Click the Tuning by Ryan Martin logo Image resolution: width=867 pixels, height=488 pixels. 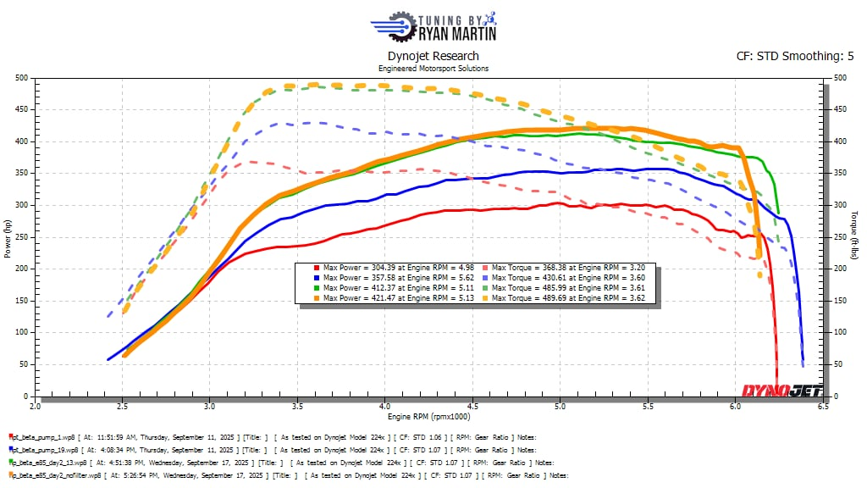[433, 25]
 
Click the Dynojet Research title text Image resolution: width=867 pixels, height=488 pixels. [433, 57]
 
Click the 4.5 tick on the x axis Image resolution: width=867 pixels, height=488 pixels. [472, 406]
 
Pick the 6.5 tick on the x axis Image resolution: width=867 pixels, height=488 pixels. [823, 406]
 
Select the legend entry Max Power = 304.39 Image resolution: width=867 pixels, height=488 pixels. [363, 268]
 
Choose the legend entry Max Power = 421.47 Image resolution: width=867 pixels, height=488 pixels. [363, 298]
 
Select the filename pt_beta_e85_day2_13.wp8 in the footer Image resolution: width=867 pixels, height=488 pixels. [50, 463]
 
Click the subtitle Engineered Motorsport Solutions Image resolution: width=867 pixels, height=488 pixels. [433, 69]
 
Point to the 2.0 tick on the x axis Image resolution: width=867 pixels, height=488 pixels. [36, 406]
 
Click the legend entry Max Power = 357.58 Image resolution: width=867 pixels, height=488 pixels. [363, 278]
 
